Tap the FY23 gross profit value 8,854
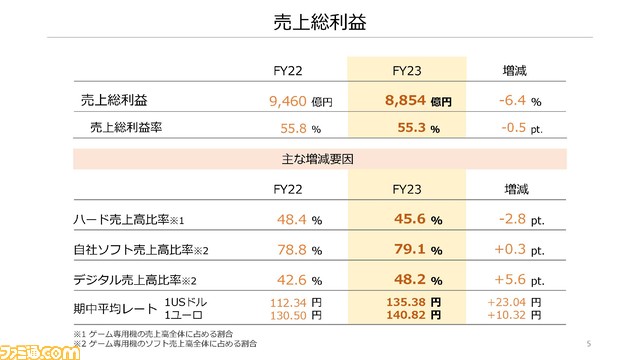pyautogui.click(x=407, y=101)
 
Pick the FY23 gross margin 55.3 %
pyautogui.click(x=411, y=128)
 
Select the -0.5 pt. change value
pyautogui.click(x=520, y=128)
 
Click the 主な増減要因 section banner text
pyautogui.click(x=320, y=159)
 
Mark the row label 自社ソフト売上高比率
pyautogui.click(x=138, y=250)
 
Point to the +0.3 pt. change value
pyautogui.click(x=520, y=250)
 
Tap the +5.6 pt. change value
pyautogui.click(x=520, y=280)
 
